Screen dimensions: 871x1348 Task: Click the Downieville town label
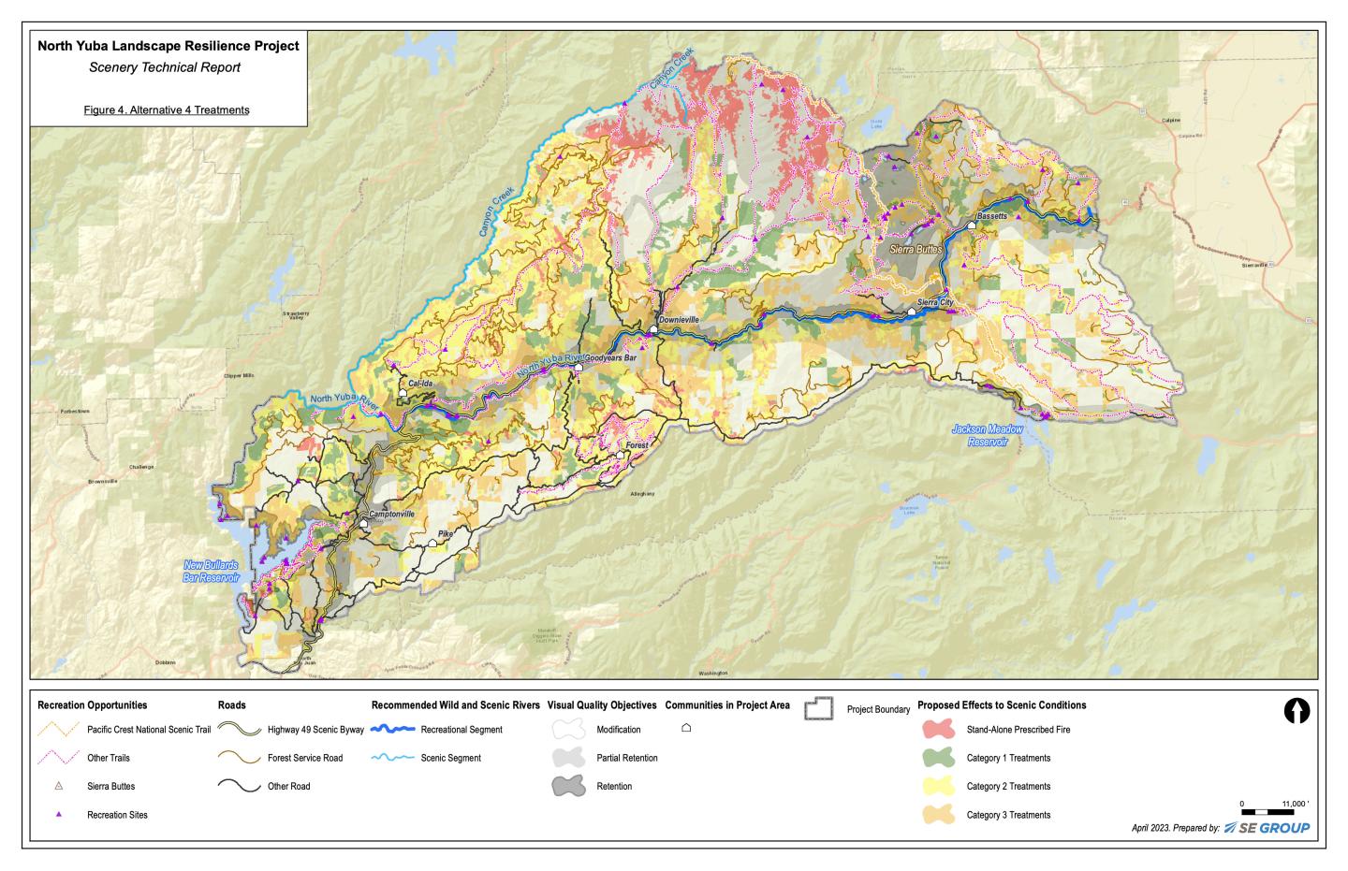pyautogui.click(x=679, y=320)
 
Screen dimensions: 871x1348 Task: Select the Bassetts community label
pyautogui.click(x=991, y=216)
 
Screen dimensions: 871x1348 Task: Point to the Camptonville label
pyautogui.click(x=391, y=515)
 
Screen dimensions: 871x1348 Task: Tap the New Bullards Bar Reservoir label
pyautogui.click(x=211, y=572)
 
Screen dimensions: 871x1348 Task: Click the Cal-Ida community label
pyautogui.click(x=420, y=384)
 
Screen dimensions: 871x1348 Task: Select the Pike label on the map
pyautogui.click(x=445, y=533)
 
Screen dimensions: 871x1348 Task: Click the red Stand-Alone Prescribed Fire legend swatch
pyautogui.click(x=937, y=730)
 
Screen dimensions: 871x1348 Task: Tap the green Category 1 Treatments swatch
pyautogui.click(x=937, y=758)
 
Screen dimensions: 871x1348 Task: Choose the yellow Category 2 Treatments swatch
pyautogui.click(x=937, y=786)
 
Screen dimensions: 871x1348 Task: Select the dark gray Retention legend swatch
pyautogui.click(x=567, y=786)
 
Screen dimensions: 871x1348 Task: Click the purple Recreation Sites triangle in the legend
pyautogui.click(x=59, y=815)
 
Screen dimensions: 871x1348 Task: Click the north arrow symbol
pyautogui.click(x=1297, y=711)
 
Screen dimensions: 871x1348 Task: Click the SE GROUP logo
pyautogui.click(x=1267, y=828)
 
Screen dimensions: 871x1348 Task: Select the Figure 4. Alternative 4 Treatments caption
pyautogui.click(x=167, y=110)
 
